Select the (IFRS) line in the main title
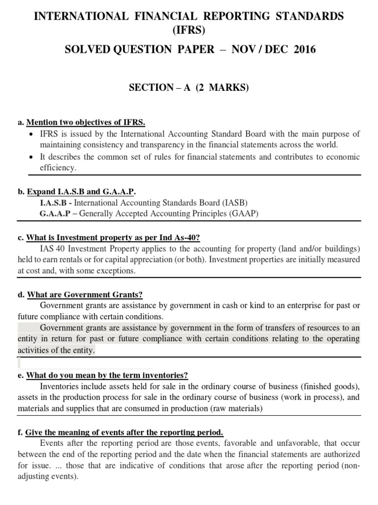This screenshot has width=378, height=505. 189,33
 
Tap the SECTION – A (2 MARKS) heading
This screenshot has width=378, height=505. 189,88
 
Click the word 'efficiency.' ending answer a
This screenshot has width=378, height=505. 58,168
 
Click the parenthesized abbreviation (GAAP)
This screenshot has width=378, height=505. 241,214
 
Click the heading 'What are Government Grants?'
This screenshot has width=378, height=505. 85,294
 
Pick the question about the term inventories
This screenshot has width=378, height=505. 107,375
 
